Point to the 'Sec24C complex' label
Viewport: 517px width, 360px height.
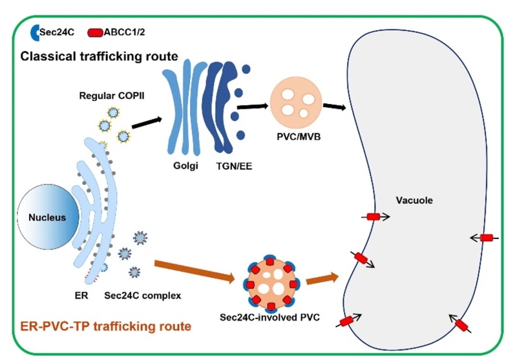pos(142,296)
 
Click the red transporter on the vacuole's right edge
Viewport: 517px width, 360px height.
pos(485,238)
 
